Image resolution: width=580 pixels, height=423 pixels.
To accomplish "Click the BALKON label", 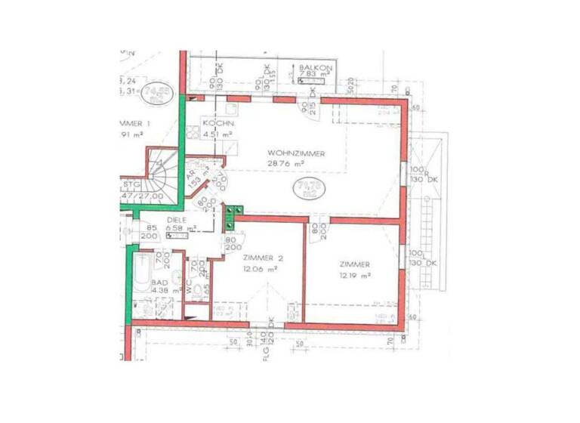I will [313, 67].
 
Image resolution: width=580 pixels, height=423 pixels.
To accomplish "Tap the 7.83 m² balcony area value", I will [314, 75].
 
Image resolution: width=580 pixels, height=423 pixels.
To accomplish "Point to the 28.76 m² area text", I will [285, 162].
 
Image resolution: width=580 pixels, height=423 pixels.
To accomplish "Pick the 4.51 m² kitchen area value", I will [216, 133].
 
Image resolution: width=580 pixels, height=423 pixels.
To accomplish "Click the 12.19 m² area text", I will [354, 275].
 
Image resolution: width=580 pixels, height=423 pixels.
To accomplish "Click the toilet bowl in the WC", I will [188, 288].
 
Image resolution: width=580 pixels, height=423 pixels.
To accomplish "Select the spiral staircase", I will [162, 178].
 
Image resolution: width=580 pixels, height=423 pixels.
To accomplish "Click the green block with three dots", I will [234, 217].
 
